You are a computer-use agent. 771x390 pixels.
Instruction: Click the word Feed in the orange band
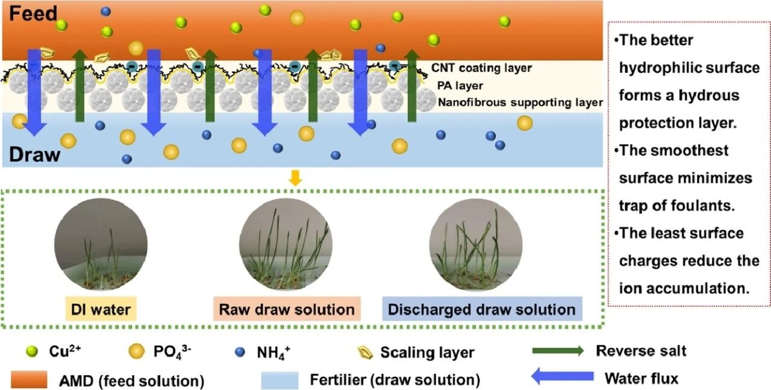pos(33,14)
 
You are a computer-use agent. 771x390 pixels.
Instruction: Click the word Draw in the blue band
pos(34,154)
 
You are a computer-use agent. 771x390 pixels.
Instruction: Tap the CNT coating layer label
pos(481,68)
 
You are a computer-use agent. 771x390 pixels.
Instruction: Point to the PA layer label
pos(460,86)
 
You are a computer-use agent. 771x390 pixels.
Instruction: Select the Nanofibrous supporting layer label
pos(520,102)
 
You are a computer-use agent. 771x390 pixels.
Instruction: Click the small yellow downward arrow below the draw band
pos(295,178)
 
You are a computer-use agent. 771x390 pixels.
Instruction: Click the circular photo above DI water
pos(101,245)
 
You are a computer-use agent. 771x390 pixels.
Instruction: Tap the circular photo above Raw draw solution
pos(286,245)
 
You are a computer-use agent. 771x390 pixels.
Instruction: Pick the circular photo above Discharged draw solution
pos(476,245)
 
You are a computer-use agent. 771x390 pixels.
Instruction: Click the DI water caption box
pos(101,309)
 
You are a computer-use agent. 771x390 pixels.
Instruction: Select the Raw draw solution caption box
pos(287,309)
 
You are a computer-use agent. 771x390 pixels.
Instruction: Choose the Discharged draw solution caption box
pos(482,309)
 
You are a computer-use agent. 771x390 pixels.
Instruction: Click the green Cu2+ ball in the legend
pos(32,352)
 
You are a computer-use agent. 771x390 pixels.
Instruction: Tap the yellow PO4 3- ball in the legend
pos(136,351)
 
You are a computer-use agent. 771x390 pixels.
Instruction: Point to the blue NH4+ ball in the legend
pos(240,352)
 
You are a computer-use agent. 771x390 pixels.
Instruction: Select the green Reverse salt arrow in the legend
pos(558,351)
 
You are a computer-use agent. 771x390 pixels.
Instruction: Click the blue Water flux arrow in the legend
pos(563,376)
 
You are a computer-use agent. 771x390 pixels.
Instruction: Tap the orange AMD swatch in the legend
pos(29,379)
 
